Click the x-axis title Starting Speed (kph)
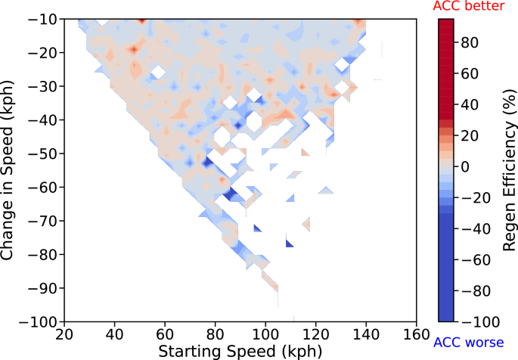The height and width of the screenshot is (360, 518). click(x=239, y=351)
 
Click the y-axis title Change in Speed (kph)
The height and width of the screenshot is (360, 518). click(x=9, y=171)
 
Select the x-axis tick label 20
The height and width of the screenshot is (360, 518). click(x=64, y=333)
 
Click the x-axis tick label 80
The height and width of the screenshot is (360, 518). click(x=216, y=333)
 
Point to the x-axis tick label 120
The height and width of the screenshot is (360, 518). click(x=316, y=333)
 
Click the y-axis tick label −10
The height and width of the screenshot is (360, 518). click(x=42, y=20)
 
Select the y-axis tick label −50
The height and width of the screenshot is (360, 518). click(x=42, y=154)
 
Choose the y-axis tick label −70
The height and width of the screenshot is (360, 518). click(x=42, y=221)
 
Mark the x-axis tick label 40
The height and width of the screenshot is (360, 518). click(x=114, y=333)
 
